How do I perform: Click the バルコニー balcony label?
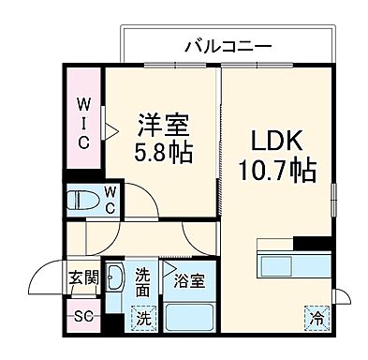click(x=228, y=45)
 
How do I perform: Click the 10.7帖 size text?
click(x=277, y=172)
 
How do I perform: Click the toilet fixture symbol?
click(x=81, y=199)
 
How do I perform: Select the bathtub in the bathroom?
click(x=191, y=316)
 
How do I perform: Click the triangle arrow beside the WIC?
click(x=110, y=131)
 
